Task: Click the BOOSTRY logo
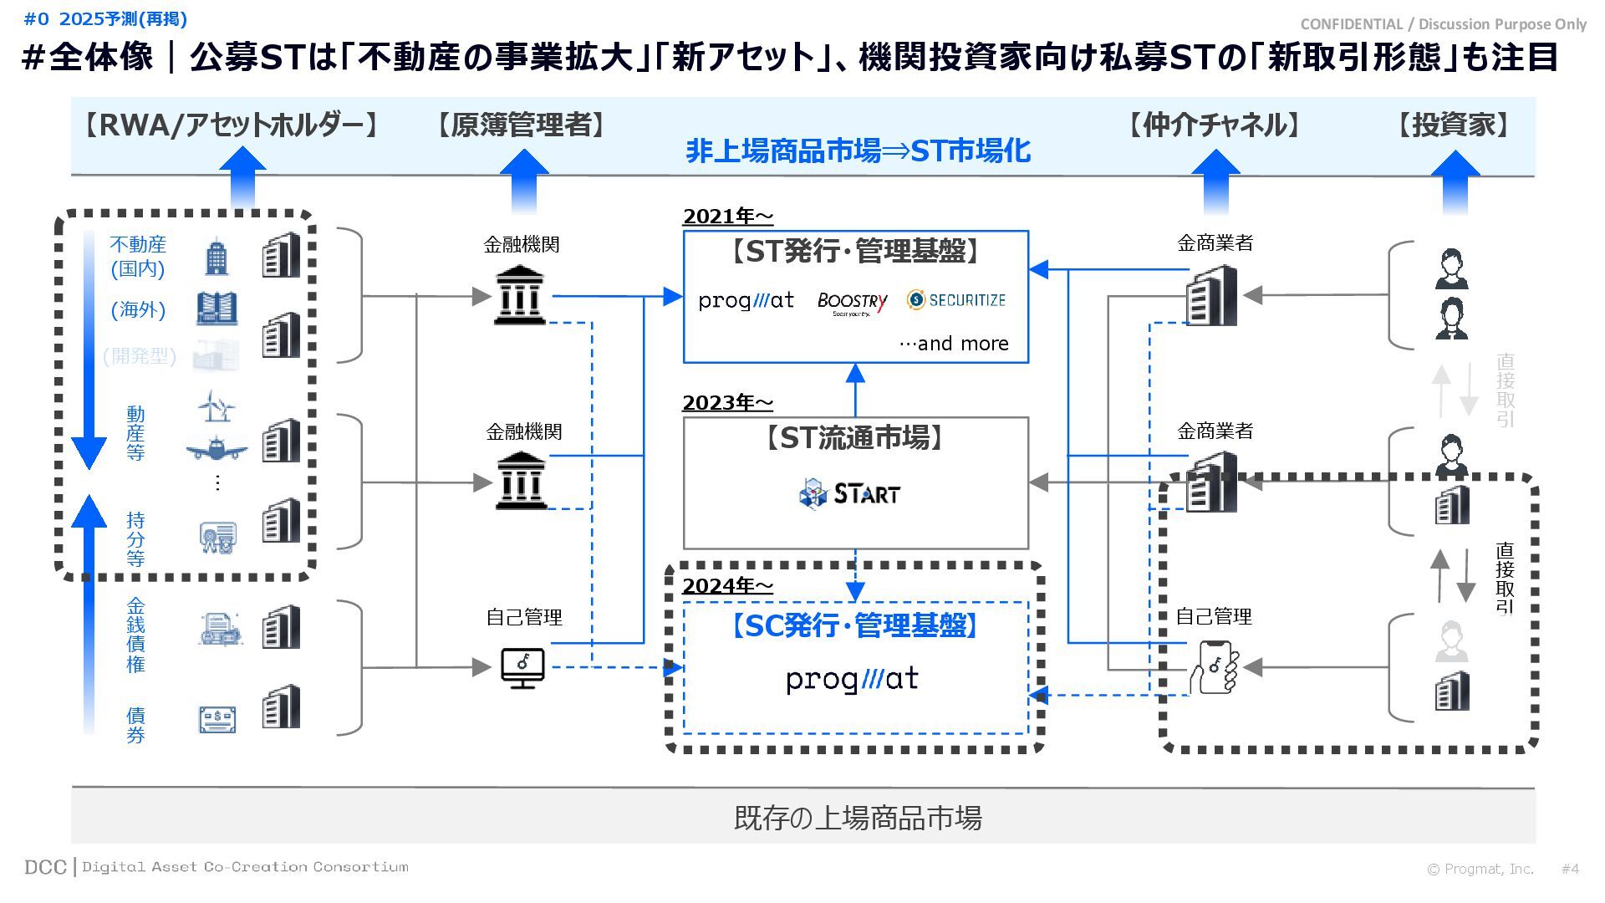click(852, 303)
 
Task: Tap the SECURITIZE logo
click(956, 300)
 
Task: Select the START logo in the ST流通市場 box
click(849, 493)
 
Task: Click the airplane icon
click(217, 449)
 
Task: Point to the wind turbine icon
click(217, 406)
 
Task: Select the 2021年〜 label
click(727, 217)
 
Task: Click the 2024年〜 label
click(727, 586)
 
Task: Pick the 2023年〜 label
click(727, 403)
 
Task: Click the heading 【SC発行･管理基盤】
click(854, 625)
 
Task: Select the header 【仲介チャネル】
click(1214, 125)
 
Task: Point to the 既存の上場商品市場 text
click(858, 817)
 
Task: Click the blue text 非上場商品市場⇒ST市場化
click(858, 151)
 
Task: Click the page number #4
click(1570, 869)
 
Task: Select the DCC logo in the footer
click(45, 867)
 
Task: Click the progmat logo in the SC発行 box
click(852, 679)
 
